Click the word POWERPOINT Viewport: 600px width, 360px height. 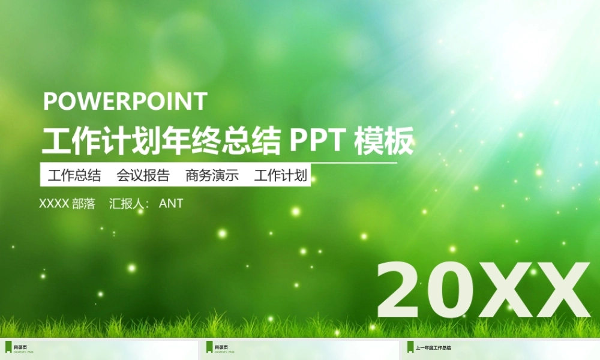pyautogui.click(x=125, y=101)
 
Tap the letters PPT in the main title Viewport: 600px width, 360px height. pyautogui.click(x=317, y=142)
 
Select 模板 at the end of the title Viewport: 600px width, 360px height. pyautogui.click(x=384, y=142)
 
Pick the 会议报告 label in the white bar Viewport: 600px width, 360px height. pyautogui.click(x=143, y=176)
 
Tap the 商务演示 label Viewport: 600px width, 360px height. pyautogui.click(x=212, y=176)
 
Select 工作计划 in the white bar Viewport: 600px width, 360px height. pyautogui.click(x=281, y=176)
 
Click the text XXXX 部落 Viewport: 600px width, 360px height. pyautogui.click(x=67, y=203)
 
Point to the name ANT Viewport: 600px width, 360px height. pyautogui.click(x=171, y=203)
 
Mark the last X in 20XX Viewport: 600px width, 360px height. pyautogui.click(x=559, y=290)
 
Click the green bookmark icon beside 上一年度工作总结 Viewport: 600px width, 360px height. pyautogui.click(x=410, y=347)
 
